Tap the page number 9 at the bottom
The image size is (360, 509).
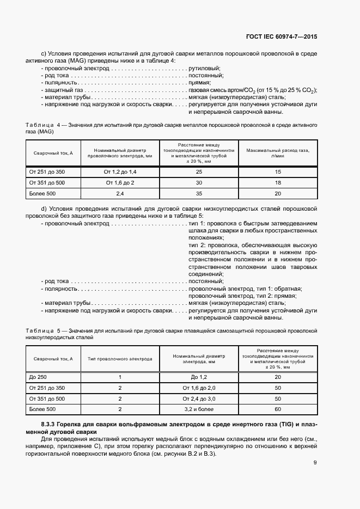tap(315, 463)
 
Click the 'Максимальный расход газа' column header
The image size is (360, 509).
tap(278, 152)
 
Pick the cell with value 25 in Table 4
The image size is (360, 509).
tap(199, 171)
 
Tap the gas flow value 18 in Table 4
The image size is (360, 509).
tap(278, 182)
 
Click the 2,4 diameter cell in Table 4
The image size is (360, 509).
tap(119, 193)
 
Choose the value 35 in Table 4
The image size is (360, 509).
tap(199, 193)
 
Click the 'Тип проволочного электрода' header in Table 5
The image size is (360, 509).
tap(120, 359)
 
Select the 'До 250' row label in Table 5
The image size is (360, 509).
tap(38, 377)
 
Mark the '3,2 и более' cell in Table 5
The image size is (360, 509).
tap(199, 409)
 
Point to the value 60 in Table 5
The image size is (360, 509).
tap(278, 409)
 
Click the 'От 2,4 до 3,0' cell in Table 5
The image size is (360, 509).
tap(199, 398)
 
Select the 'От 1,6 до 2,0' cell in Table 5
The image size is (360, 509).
tap(199, 388)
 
